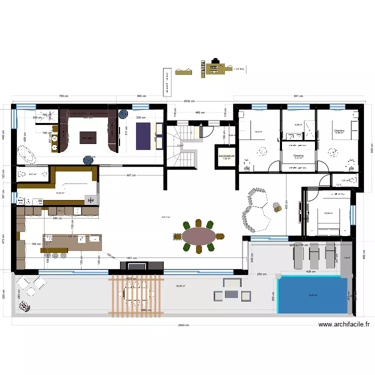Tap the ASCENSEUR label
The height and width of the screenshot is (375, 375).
[226, 156]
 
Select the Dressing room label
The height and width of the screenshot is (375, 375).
[298, 155]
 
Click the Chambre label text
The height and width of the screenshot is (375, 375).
[339, 130]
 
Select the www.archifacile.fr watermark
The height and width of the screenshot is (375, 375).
[344, 324]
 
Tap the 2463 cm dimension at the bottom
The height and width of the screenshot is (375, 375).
[183, 325]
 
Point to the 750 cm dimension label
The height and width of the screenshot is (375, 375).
[63, 96]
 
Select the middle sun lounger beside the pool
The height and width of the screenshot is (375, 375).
[314, 254]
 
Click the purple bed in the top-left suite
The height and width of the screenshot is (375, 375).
[143, 135]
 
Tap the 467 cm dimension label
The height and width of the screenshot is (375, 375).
[130, 175]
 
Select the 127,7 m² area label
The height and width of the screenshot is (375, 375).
[165, 217]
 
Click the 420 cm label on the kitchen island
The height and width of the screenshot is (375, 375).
[72, 236]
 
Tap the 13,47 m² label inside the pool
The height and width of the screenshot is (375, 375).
[312, 295]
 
